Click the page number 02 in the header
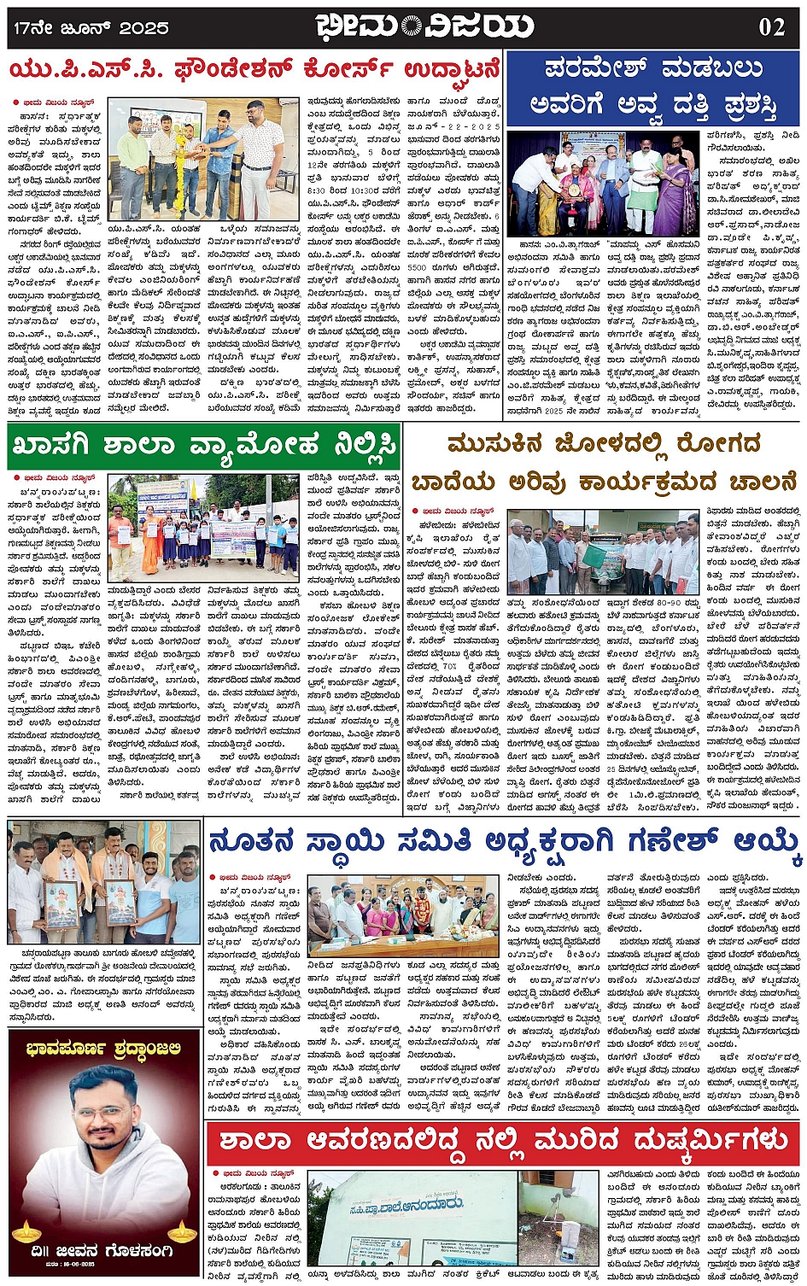pyautogui.click(x=771, y=26)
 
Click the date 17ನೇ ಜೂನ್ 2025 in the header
pyautogui.click(x=91, y=28)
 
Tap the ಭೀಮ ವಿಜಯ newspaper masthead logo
pyautogui.click(x=424, y=26)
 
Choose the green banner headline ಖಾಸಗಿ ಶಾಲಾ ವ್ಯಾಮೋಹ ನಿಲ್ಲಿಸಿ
pyautogui.click(x=203, y=446)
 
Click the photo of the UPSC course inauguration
pyautogui.click(x=204, y=160)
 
